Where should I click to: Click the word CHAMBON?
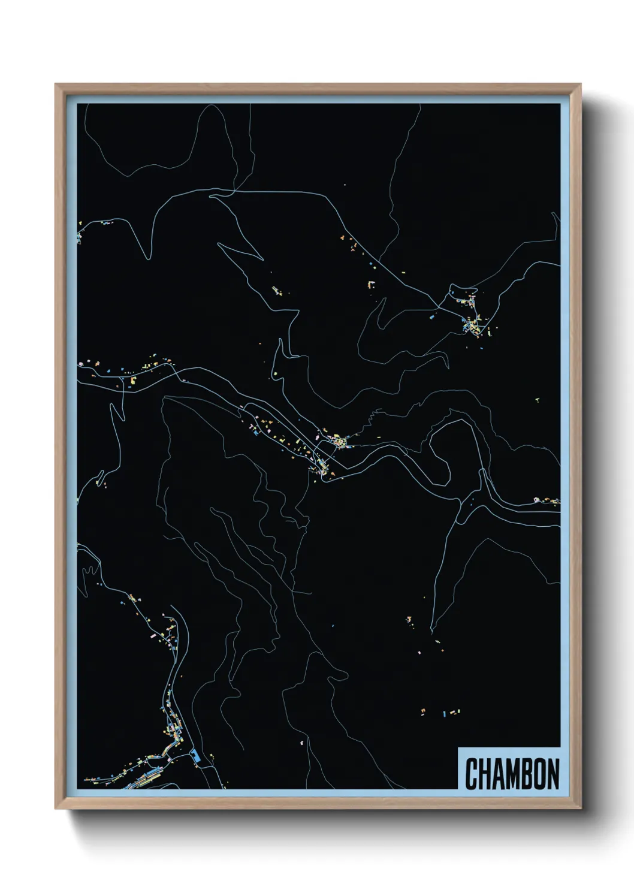(512, 774)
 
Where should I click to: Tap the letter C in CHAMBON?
(470, 774)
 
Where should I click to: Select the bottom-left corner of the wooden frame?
(56, 808)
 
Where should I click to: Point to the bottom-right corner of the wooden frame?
(581, 808)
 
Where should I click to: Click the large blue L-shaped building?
(195, 755)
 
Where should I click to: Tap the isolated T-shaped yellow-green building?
(538, 399)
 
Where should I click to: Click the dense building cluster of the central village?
(339, 442)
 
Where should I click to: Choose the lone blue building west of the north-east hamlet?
(433, 313)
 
